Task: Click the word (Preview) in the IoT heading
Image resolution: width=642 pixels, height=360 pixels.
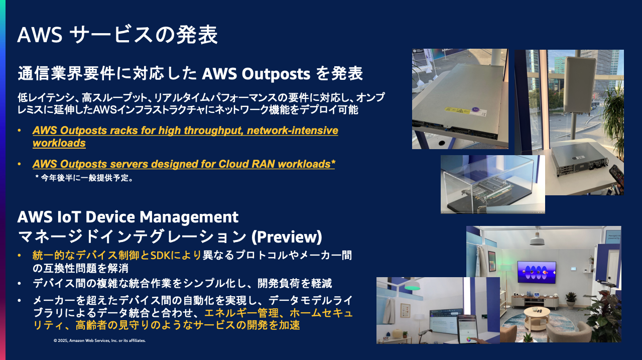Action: tap(286, 236)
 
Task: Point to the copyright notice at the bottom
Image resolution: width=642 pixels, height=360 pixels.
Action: tap(99, 340)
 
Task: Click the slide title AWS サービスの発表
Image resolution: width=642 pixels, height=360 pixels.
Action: tap(117, 36)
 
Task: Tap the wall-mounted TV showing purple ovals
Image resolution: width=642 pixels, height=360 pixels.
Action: tap(537, 272)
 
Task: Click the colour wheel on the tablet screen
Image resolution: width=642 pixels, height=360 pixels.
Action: tap(470, 338)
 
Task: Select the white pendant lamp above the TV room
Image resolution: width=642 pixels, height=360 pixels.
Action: tap(537, 240)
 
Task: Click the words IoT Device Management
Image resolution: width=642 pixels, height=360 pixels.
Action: tap(127, 217)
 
